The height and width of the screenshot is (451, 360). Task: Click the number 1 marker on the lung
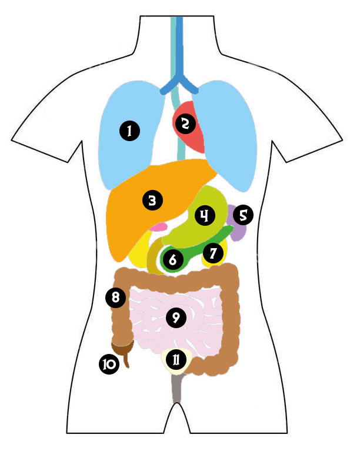(129, 130)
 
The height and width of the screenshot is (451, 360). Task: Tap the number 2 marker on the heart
(185, 123)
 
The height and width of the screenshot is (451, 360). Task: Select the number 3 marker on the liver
(152, 201)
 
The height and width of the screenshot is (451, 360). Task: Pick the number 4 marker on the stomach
(204, 215)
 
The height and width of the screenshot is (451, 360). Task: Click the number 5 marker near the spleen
(242, 215)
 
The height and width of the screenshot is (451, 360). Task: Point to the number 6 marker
(172, 259)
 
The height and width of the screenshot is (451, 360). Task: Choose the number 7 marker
(212, 253)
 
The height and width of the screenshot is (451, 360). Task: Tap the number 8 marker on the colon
(115, 297)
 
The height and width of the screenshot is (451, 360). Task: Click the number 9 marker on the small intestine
(175, 318)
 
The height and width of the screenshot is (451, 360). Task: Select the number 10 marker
(109, 364)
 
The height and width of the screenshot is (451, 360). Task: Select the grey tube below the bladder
(176, 388)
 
